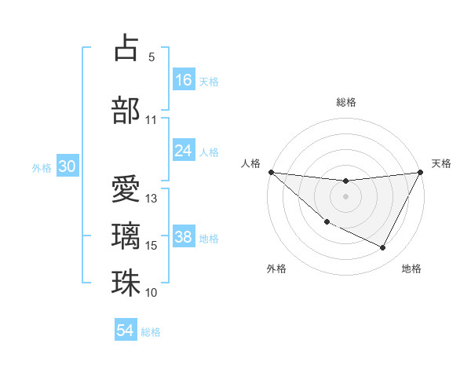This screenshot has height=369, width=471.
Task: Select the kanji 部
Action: click(126, 109)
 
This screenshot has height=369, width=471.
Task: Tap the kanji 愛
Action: click(126, 188)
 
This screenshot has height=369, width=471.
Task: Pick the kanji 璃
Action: click(126, 235)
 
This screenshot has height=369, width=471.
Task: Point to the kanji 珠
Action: click(126, 283)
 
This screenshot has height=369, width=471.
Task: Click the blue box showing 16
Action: click(184, 80)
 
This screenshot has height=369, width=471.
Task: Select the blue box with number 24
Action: click(184, 151)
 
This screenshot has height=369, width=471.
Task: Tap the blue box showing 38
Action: click(184, 237)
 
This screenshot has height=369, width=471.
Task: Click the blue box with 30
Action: click(68, 166)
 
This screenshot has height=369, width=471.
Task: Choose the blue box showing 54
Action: click(126, 331)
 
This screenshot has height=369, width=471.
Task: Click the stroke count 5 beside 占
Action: click(152, 57)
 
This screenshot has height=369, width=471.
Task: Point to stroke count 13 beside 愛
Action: click(152, 198)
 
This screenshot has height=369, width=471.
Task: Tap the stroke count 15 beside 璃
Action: click(152, 246)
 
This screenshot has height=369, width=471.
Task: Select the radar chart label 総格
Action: click(346, 102)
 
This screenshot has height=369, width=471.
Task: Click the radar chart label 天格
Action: click(442, 163)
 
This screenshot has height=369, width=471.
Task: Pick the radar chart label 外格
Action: click(276, 269)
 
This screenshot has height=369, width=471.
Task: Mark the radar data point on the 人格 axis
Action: click(271, 172)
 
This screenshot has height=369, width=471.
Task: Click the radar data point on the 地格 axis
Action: click(383, 248)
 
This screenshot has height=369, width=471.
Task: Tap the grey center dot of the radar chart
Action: click(345, 196)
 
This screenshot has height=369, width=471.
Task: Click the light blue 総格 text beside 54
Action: click(151, 332)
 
